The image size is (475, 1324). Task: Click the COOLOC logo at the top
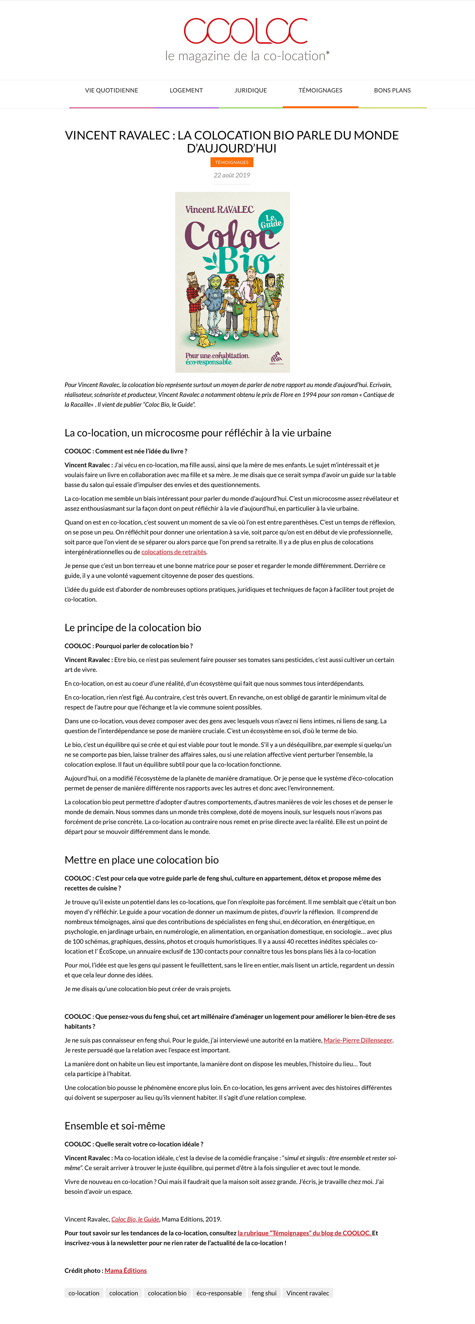(246, 31)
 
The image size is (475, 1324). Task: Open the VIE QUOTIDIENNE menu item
(111, 91)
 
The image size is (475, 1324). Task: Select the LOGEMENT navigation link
(186, 91)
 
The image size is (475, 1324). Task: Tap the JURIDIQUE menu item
(251, 91)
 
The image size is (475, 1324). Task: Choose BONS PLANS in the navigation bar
(392, 91)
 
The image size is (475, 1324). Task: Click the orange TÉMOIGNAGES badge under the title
(232, 163)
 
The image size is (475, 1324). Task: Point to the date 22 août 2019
(232, 175)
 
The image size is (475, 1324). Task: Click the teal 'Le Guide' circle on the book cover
(270, 221)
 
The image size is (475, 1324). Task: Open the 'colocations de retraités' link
(174, 552)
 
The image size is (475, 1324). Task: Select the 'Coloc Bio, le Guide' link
(135, 1219)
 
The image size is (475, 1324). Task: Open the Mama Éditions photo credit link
(125, 1270)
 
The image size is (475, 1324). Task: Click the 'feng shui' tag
(264, 1293)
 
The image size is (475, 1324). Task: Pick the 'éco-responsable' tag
(219, 1293)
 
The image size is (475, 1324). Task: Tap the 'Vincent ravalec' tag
(308, 1293)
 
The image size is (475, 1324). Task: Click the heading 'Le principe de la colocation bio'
(133, 627)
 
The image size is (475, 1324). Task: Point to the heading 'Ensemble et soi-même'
(115, 1126)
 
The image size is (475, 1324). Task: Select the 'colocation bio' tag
(167, 1293)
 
